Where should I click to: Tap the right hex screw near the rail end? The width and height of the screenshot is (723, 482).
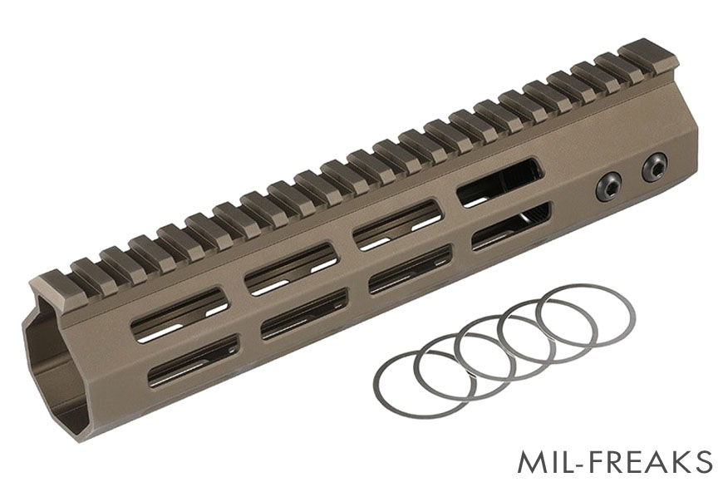tap(652, 168)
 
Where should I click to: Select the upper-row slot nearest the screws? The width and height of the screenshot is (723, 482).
tap(499, 182)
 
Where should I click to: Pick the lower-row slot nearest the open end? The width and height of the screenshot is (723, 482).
tap(193, 361)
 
